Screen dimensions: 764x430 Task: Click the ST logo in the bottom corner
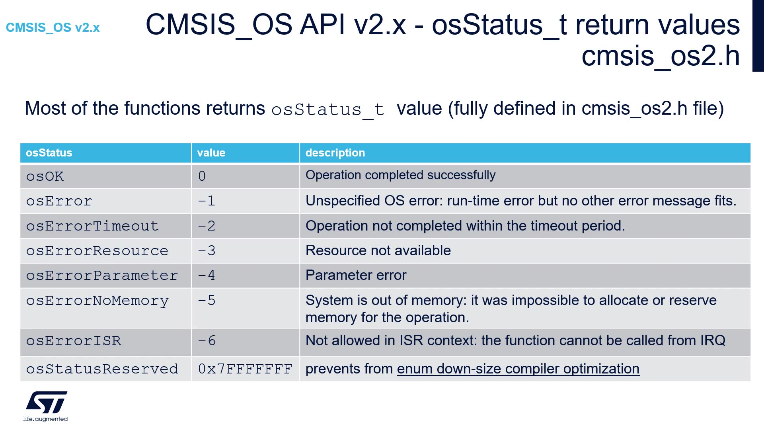click(x=46, y=406)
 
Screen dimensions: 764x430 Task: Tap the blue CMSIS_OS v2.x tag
click(x=53, y=27)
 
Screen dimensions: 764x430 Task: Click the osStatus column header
click(x=49, y=153)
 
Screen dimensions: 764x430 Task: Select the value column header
click(x=211, y=153)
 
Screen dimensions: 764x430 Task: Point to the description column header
click(x=335, y=153)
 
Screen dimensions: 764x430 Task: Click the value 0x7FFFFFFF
click(x=245, y=369)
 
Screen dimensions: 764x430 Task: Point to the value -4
click(x=207, y=276)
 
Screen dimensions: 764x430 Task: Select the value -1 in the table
click(x=207, y=201)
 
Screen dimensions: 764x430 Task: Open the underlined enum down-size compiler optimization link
click(x=518, y=369)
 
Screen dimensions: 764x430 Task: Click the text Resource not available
click(x=378, y=250)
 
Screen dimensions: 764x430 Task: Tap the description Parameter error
click(x=356, y=275)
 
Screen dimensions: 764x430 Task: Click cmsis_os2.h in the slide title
click(x=661, y=56)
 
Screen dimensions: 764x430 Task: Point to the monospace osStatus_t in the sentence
click(x=328, y=110)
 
